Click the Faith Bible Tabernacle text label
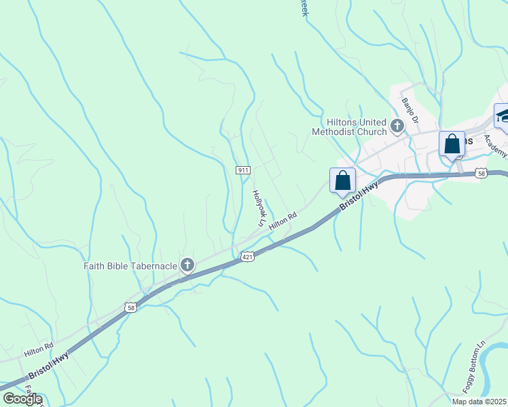coord(130,265)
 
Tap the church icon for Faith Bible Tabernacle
coord(187,265)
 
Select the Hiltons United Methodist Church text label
coord(349,126)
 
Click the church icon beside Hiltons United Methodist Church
coord(397,126)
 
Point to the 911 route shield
coord(244,170)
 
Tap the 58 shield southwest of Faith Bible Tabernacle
coord(130,307)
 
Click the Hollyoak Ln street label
coord(258,207)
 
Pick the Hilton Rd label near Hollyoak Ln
coord(283,221)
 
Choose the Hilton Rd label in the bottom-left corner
coord(39,350)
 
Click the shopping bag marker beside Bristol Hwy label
coord(343,181)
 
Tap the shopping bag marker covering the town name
coord(452,144)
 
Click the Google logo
coord(22,399)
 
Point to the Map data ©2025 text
coord(479,402)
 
